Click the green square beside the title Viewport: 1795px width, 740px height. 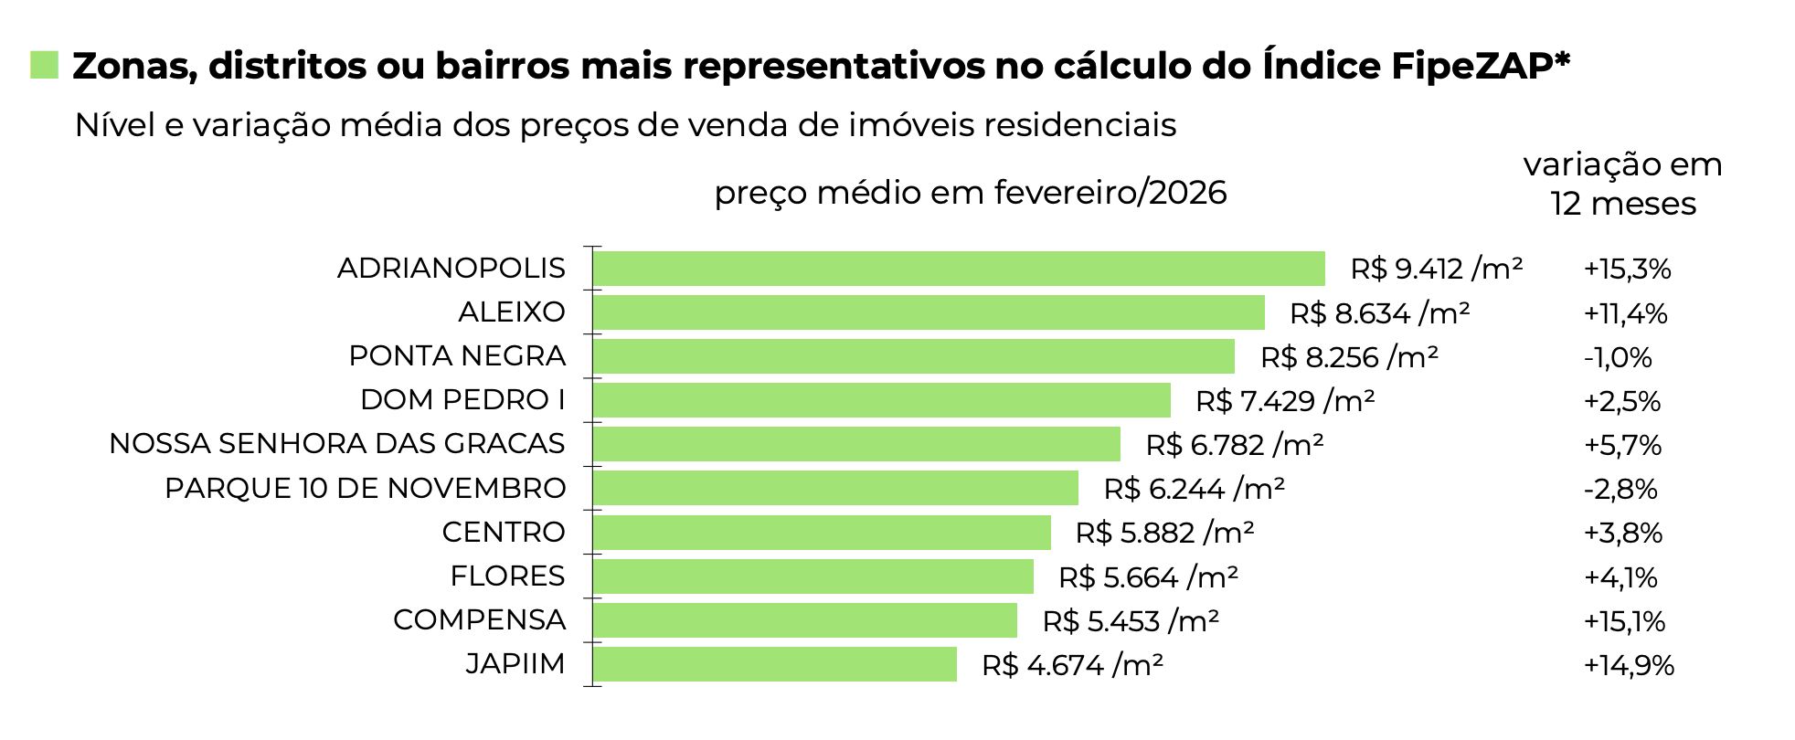44,65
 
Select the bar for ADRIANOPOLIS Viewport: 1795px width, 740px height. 958,269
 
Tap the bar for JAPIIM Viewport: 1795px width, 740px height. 774,664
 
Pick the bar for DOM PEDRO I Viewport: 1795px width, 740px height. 881,400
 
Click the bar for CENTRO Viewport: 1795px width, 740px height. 822,533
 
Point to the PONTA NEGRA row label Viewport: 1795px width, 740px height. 457,356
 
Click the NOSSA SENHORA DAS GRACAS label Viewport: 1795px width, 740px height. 336,444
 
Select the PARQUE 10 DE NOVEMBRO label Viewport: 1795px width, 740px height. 365,489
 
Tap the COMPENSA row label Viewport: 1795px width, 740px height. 479,620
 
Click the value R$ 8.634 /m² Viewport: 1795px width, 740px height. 1379,313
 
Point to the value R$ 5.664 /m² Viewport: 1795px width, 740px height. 1148,577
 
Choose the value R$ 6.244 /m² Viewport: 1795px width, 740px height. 1194,489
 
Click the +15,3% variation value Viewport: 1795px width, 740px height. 1627,270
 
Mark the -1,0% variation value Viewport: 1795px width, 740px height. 1618,357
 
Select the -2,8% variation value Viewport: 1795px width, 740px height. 1620,489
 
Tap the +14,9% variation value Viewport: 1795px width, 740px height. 1629,665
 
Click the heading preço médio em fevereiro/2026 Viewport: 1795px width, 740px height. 970,193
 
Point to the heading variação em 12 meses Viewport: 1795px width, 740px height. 1622,184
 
